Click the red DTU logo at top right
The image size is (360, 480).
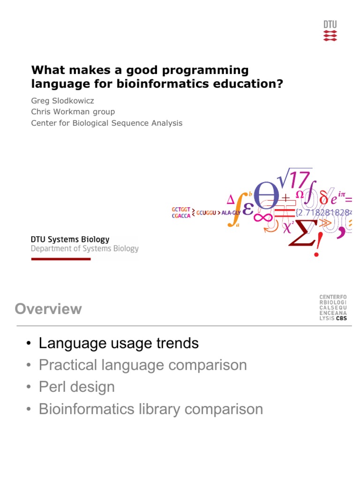[x=330, y=29]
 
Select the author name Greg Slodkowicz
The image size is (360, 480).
[x=62, y=100]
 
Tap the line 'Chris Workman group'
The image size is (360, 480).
[x=73, y=112]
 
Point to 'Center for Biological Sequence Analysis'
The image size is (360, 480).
[x=106, y=123]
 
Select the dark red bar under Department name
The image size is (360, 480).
[x=60, y=259]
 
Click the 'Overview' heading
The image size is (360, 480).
[x=48, y=309]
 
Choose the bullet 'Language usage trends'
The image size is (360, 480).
[x=119, y=343]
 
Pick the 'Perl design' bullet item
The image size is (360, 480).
[x=77, y=387]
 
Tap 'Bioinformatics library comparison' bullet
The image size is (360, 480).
[x=150, y=409]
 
